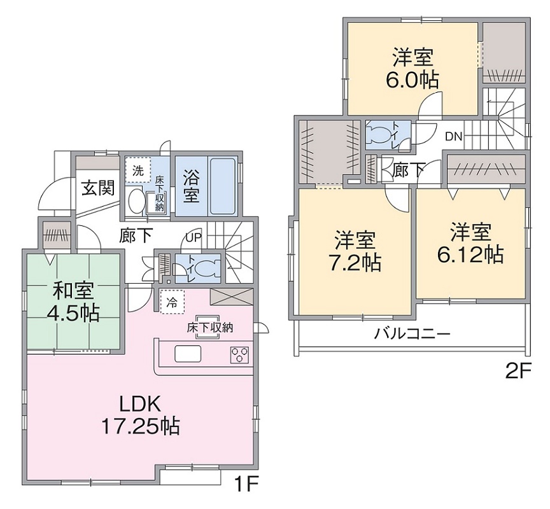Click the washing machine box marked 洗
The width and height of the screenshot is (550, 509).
click(137, 171)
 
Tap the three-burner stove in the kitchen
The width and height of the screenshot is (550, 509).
click(239, 354)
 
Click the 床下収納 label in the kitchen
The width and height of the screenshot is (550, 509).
click(209, 328)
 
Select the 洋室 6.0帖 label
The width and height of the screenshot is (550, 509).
click(412, 69)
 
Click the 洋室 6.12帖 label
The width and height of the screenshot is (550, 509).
click(470, 242)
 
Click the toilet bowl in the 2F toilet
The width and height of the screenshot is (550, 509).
click(383, 135)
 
